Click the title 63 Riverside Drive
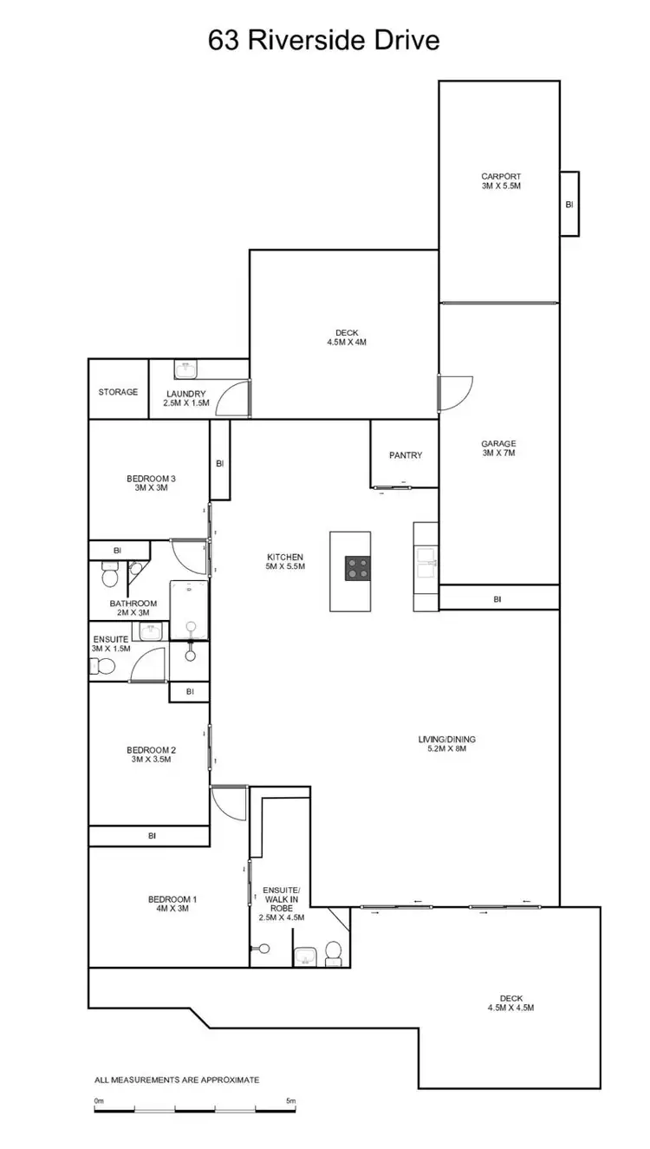point(324,40)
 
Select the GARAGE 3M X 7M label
point(498,448)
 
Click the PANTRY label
point(406,455)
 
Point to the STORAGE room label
point(118,392)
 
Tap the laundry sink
point(186,370)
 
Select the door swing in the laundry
point(230,399)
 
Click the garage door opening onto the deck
point(455,392)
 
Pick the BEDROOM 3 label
point(151,483)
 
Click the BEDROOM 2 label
point(151,754)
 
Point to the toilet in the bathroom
point(110,575)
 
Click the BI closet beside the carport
point(569,204)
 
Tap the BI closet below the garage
point(497,598)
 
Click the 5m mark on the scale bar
point(290,1101)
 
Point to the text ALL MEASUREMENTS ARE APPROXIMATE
point(177,1080)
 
